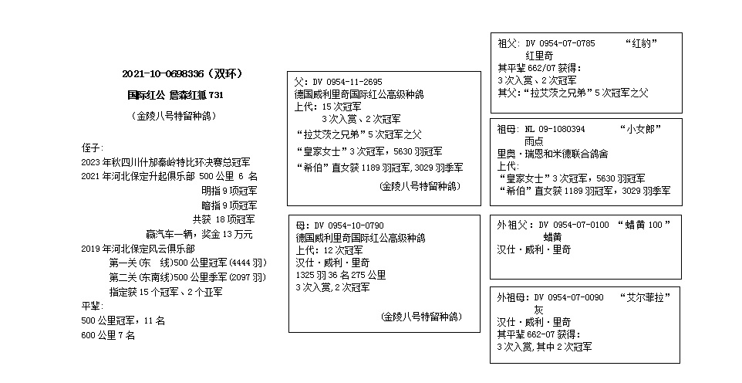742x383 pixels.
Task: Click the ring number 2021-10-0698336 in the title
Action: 163,73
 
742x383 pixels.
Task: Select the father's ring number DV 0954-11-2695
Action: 347,82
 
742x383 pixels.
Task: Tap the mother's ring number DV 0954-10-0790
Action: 349,225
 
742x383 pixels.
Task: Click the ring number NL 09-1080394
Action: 555,129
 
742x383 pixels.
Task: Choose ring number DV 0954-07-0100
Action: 574,225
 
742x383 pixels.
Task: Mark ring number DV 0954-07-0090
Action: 568,298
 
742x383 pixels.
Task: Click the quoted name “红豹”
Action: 641,43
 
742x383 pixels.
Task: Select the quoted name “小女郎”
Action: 639,129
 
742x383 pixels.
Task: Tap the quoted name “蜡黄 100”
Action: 644,225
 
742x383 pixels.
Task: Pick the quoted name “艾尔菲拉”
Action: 646,298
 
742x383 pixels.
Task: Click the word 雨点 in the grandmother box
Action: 534,141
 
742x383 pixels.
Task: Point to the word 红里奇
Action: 539,56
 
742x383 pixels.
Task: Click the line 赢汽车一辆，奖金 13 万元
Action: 199,234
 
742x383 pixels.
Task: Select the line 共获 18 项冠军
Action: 224,219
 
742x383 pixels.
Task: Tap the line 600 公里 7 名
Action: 108,336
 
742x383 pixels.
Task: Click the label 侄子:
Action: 93,148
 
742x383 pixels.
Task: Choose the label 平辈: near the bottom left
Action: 93,307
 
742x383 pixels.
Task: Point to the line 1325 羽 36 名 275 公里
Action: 341,275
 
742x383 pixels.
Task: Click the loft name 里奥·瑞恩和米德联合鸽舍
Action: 552,154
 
